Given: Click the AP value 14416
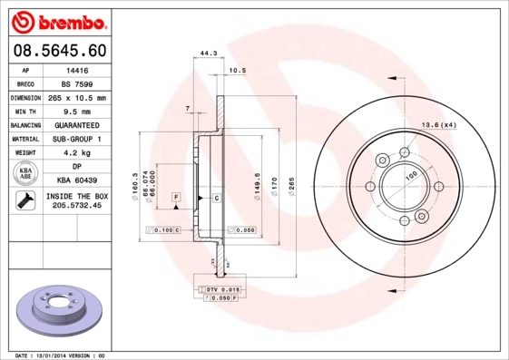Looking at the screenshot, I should click(x=76, y=69).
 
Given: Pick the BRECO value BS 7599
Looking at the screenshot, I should click(x=76, y=83).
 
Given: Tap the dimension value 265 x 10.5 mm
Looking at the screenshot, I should click(x=76, y=97).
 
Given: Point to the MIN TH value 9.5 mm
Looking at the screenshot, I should click(x=76, y=111).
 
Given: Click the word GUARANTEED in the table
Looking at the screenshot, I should click(x=76, y=125).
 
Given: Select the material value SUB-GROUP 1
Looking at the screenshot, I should click(x=76, y=139).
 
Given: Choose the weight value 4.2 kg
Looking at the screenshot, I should click(x=76, y=153).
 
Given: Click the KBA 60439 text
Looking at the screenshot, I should click(x=76, y=181).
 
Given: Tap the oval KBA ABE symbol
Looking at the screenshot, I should click(x=25, y=173).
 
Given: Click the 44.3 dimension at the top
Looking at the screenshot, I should click(x=209, y=54).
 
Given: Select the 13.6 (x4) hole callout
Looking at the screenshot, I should click(x=440, y=124).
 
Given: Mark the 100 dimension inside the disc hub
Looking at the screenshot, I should click(x=410, y=174).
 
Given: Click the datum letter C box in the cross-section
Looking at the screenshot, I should click(x=217, y=198).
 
